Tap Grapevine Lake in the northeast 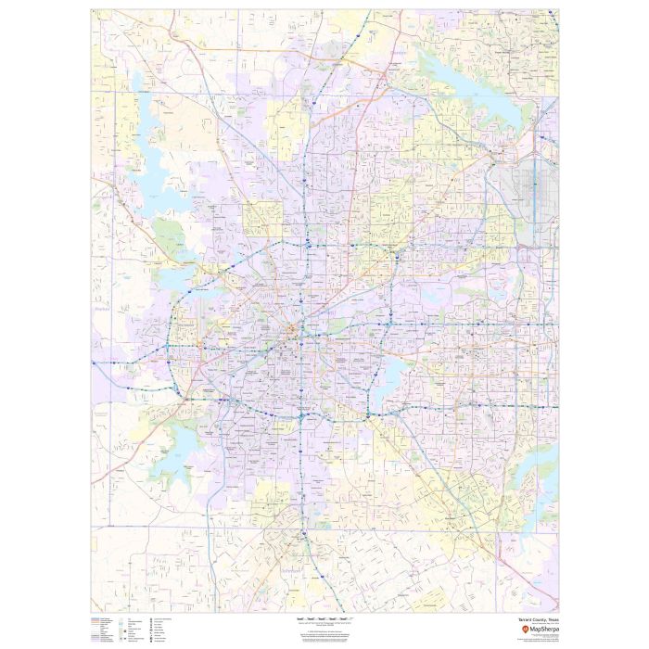(464, 93)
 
